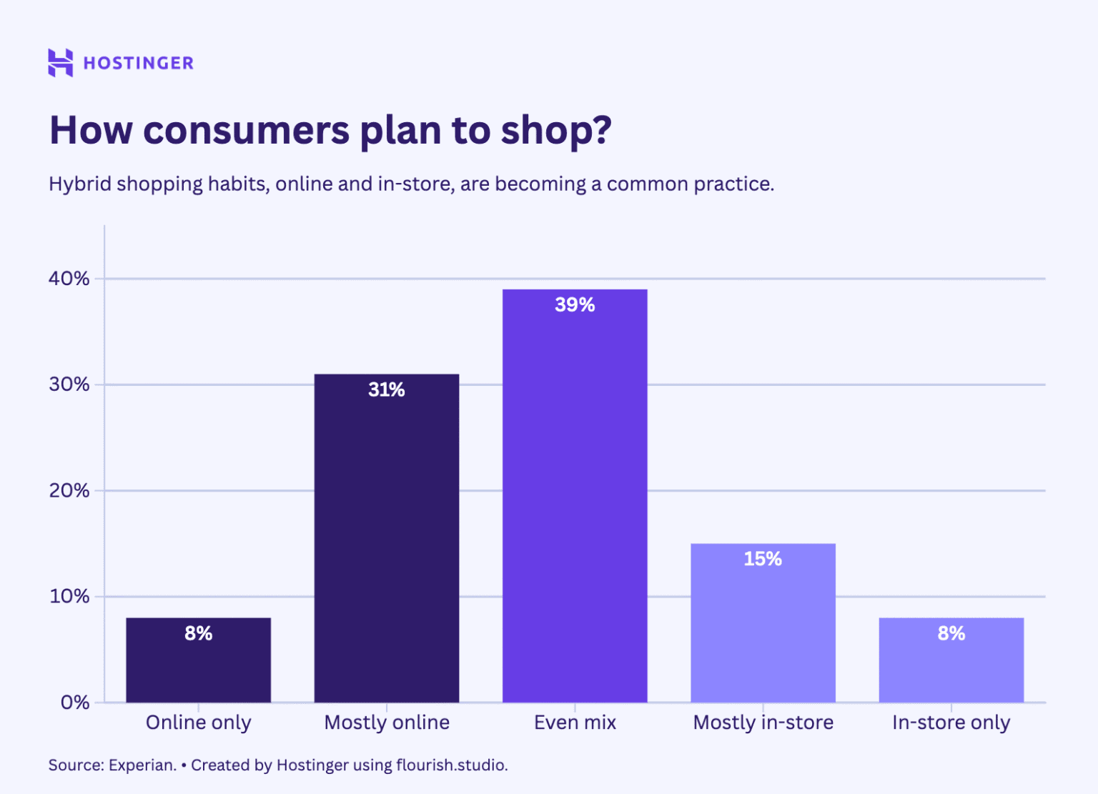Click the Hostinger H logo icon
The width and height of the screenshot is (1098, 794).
[x=60, y=63]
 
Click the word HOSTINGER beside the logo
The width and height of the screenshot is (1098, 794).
[x=138, y=64]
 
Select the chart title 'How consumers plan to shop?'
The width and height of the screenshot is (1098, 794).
[x=330, y=130]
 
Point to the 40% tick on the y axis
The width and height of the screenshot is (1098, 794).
[x=69, y=279]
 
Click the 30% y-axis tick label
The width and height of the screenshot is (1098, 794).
[x=69, y=384]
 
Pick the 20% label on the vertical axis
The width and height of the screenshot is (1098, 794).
[x=69, y=491]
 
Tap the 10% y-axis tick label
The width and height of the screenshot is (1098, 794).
[x=69, y=597]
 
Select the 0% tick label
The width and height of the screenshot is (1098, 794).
[x=74, y=703]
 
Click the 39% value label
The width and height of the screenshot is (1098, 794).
[x=575, y=305]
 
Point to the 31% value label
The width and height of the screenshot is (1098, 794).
[x=387, y=389]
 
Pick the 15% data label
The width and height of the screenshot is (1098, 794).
[x=763, y=559]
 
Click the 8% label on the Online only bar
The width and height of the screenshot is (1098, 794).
[x=199, y=633]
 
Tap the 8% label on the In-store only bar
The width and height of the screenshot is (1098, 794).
[x=951, y=633]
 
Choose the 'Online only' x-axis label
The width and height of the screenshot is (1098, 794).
[x=199, y=723]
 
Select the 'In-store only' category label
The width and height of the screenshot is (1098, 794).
[x=951, y=723]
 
